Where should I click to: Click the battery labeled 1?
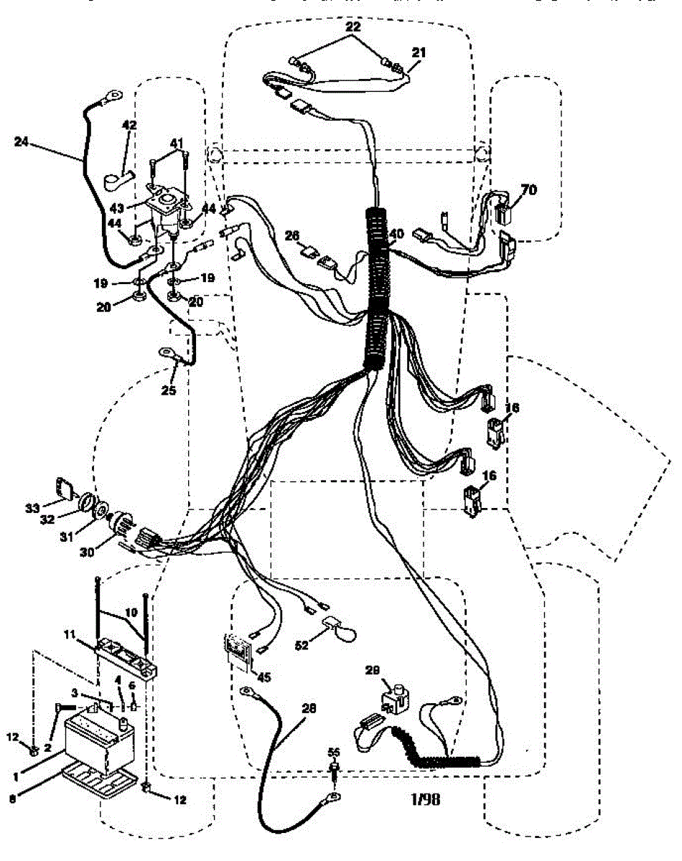click(x=97, y=739)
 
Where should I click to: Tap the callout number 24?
click(x=22, y=141)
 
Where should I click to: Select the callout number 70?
click(x=529, y=190)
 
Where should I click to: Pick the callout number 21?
click(x=419, y=52)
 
